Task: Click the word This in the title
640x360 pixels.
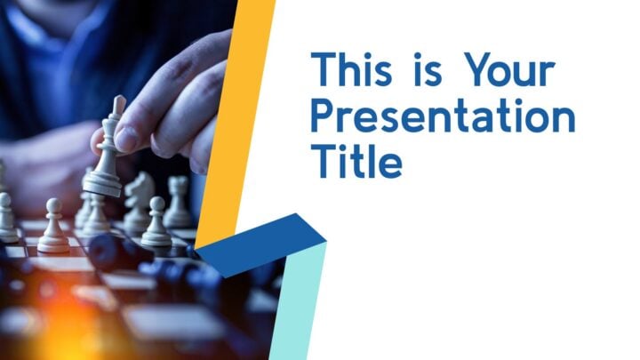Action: (x=351, y=69)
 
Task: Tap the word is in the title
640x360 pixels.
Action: (x=428, y=69)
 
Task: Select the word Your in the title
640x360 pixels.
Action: (x=509, y=69)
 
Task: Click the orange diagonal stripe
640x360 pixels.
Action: (x=236, y=123)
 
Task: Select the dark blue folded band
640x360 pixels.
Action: (x=261, y=244)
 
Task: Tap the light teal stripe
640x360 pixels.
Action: (x=298, y=302)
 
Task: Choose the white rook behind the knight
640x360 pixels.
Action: (x=178, y=202)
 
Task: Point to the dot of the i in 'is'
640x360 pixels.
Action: (x=418, y=55)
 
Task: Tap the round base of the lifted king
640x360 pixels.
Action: (x=102, y=186)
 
